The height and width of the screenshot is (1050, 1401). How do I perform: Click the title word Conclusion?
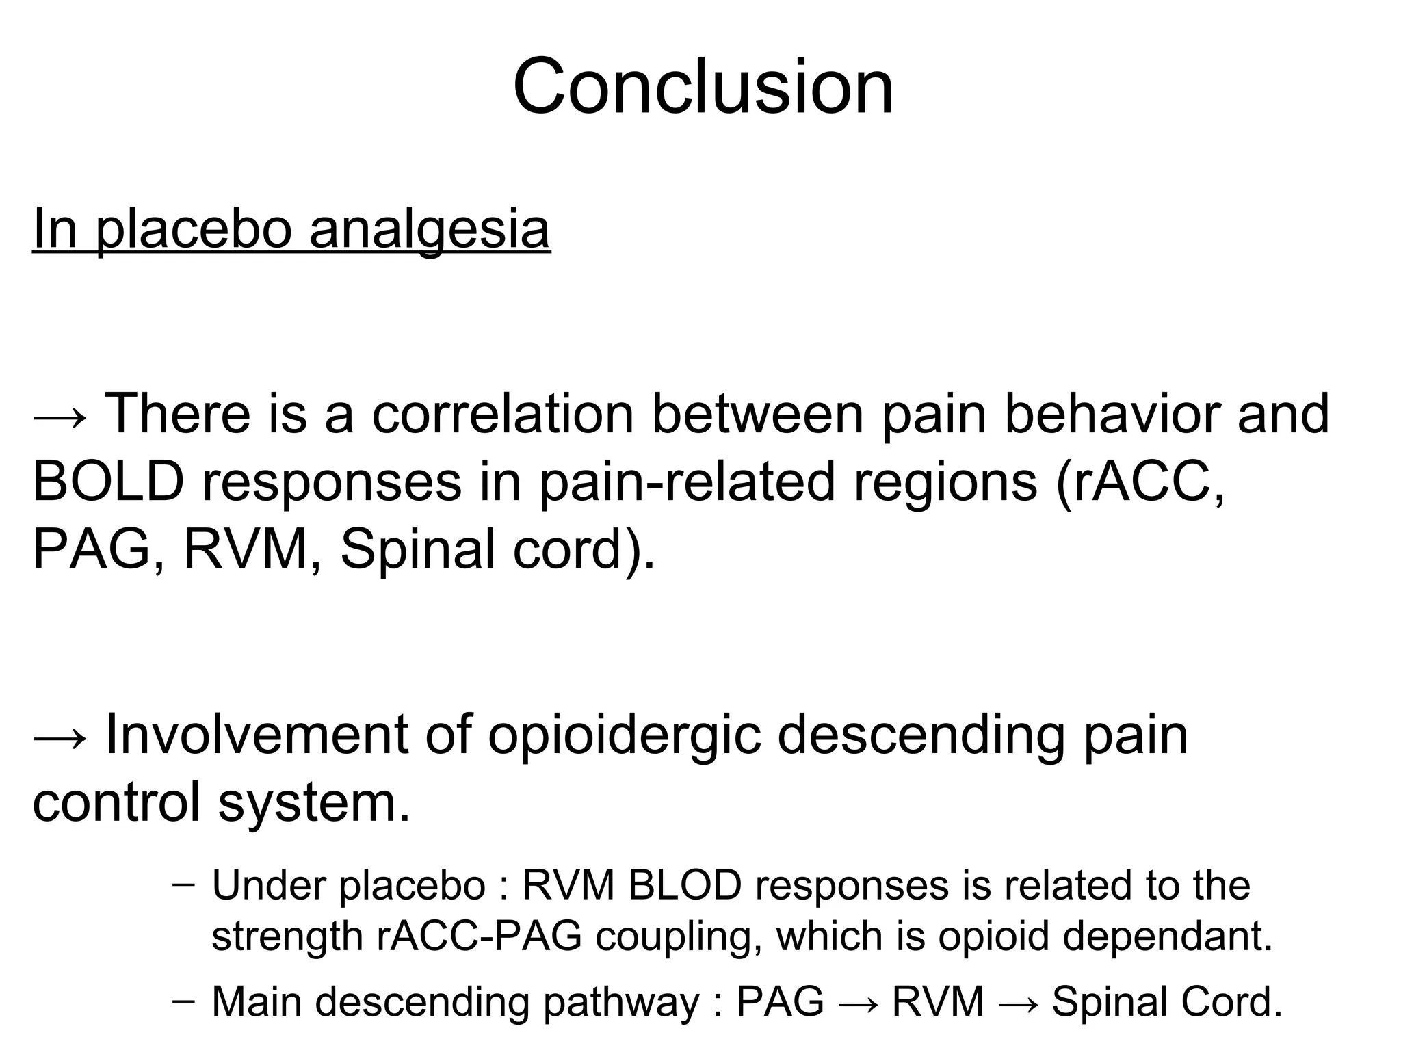pyautogui.click(x=703, y=88)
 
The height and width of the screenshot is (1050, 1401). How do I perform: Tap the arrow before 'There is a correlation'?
pyautogui.click(x=60, y=416)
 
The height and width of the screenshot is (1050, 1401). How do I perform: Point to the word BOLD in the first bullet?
pyautogui.click(x=108, y=482)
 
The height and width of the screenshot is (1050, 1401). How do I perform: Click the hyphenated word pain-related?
pyautogui.click(x=687, y=482)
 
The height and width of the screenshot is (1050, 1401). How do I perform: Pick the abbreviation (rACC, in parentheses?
pyautogui.click(x=1140, y=482)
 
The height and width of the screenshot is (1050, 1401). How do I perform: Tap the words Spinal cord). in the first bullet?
pyautogui.click(x=497, y=550)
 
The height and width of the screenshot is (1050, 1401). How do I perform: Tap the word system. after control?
pyautogui.click(x=314, y=802)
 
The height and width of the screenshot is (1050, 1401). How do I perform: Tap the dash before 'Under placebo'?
pyautogui.click(x=183, y=884)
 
